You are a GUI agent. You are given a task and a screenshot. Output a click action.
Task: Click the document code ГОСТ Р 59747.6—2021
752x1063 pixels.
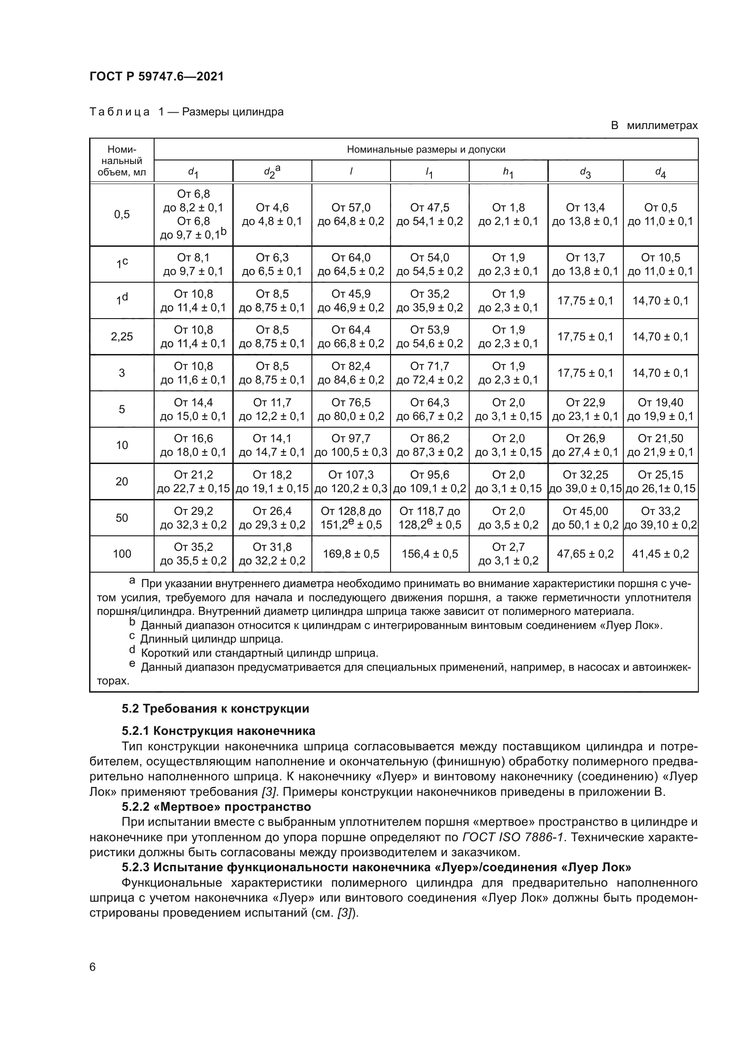pyautogui.click(x=156, y=76)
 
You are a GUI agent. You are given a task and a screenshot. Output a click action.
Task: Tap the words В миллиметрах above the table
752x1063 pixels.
pyautogui.click(x=654, y=125)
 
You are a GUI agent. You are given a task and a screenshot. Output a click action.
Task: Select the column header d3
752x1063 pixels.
pyautogui.click(x=585, y=172)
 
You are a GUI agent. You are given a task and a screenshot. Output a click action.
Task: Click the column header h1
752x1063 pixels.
pyautogui.click(x=508, y=172)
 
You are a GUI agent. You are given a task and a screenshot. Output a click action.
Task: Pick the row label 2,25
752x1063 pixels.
pyautogui.click(x=122, y=337)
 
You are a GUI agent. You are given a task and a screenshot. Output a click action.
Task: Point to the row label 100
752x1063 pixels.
pyautogui.click(x=122, y=554)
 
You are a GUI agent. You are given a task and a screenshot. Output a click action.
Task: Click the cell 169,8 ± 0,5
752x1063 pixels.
pyautogui.click(x=351, y=554)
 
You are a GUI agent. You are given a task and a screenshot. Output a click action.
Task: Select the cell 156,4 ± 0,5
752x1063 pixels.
pyautogui.click(x=430, y=554)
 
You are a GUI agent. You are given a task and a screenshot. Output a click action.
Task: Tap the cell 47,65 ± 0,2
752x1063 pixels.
pyautogui.click(x=585, y=554)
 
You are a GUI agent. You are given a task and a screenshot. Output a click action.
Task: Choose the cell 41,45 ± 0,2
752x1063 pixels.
pyautogui.click(x=660, y=554)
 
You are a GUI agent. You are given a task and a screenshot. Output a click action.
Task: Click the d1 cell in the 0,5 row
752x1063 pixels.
pyautogui.click(x=194, y=215)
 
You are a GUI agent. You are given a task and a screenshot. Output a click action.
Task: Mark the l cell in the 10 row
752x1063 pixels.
pyautogui.click(x=351, y=445)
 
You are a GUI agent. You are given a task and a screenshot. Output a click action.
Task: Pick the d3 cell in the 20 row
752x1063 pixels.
pyautogui.click(x=585, y=481)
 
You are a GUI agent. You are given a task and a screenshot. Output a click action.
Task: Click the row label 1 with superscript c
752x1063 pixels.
pyautogui.click(x=122, y=264)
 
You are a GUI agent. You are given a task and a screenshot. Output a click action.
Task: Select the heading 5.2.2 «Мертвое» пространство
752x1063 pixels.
pyautogui.click(x=216, y=807)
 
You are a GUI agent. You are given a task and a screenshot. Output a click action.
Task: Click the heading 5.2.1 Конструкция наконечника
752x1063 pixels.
pyautogui.click(x=218, y=731)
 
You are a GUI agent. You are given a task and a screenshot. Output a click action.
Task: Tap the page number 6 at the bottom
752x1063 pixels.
pyautogui.click(x=93, y=967)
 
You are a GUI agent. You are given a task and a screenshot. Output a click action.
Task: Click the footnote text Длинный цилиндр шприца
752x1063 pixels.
pyautogui.click(x=211, y=639)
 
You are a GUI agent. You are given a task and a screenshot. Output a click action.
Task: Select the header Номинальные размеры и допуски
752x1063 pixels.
pyautogui.click(x=426, y=150)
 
